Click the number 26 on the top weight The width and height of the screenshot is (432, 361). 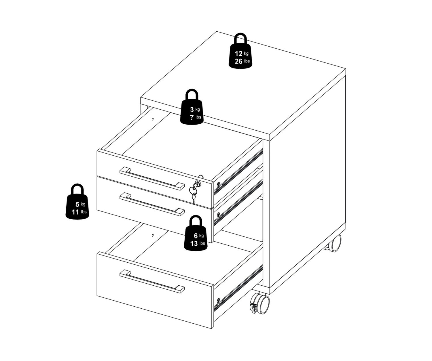click(x=238, y=61)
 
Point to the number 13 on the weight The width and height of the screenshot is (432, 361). click(x=194, y=244)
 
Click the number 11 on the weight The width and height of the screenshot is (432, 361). click(x=75, y=212)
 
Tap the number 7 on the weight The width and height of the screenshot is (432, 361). click(x=192, y=117)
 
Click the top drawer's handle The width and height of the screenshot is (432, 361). click(x=152, y=178)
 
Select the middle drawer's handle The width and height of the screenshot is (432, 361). click(x=152, y=204)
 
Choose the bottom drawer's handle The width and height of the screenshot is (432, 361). click(x=152, y=281)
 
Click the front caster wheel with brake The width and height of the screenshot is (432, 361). click(x=260, y=304)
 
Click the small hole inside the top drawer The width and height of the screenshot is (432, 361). click(x=153, y=119)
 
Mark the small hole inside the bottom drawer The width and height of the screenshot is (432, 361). click(x=153, y=235)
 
